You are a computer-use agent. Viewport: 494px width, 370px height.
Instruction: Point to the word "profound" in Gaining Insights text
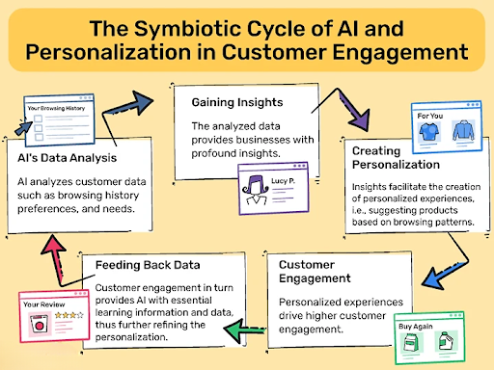219,152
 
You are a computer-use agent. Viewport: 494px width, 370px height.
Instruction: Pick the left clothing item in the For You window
427,132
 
